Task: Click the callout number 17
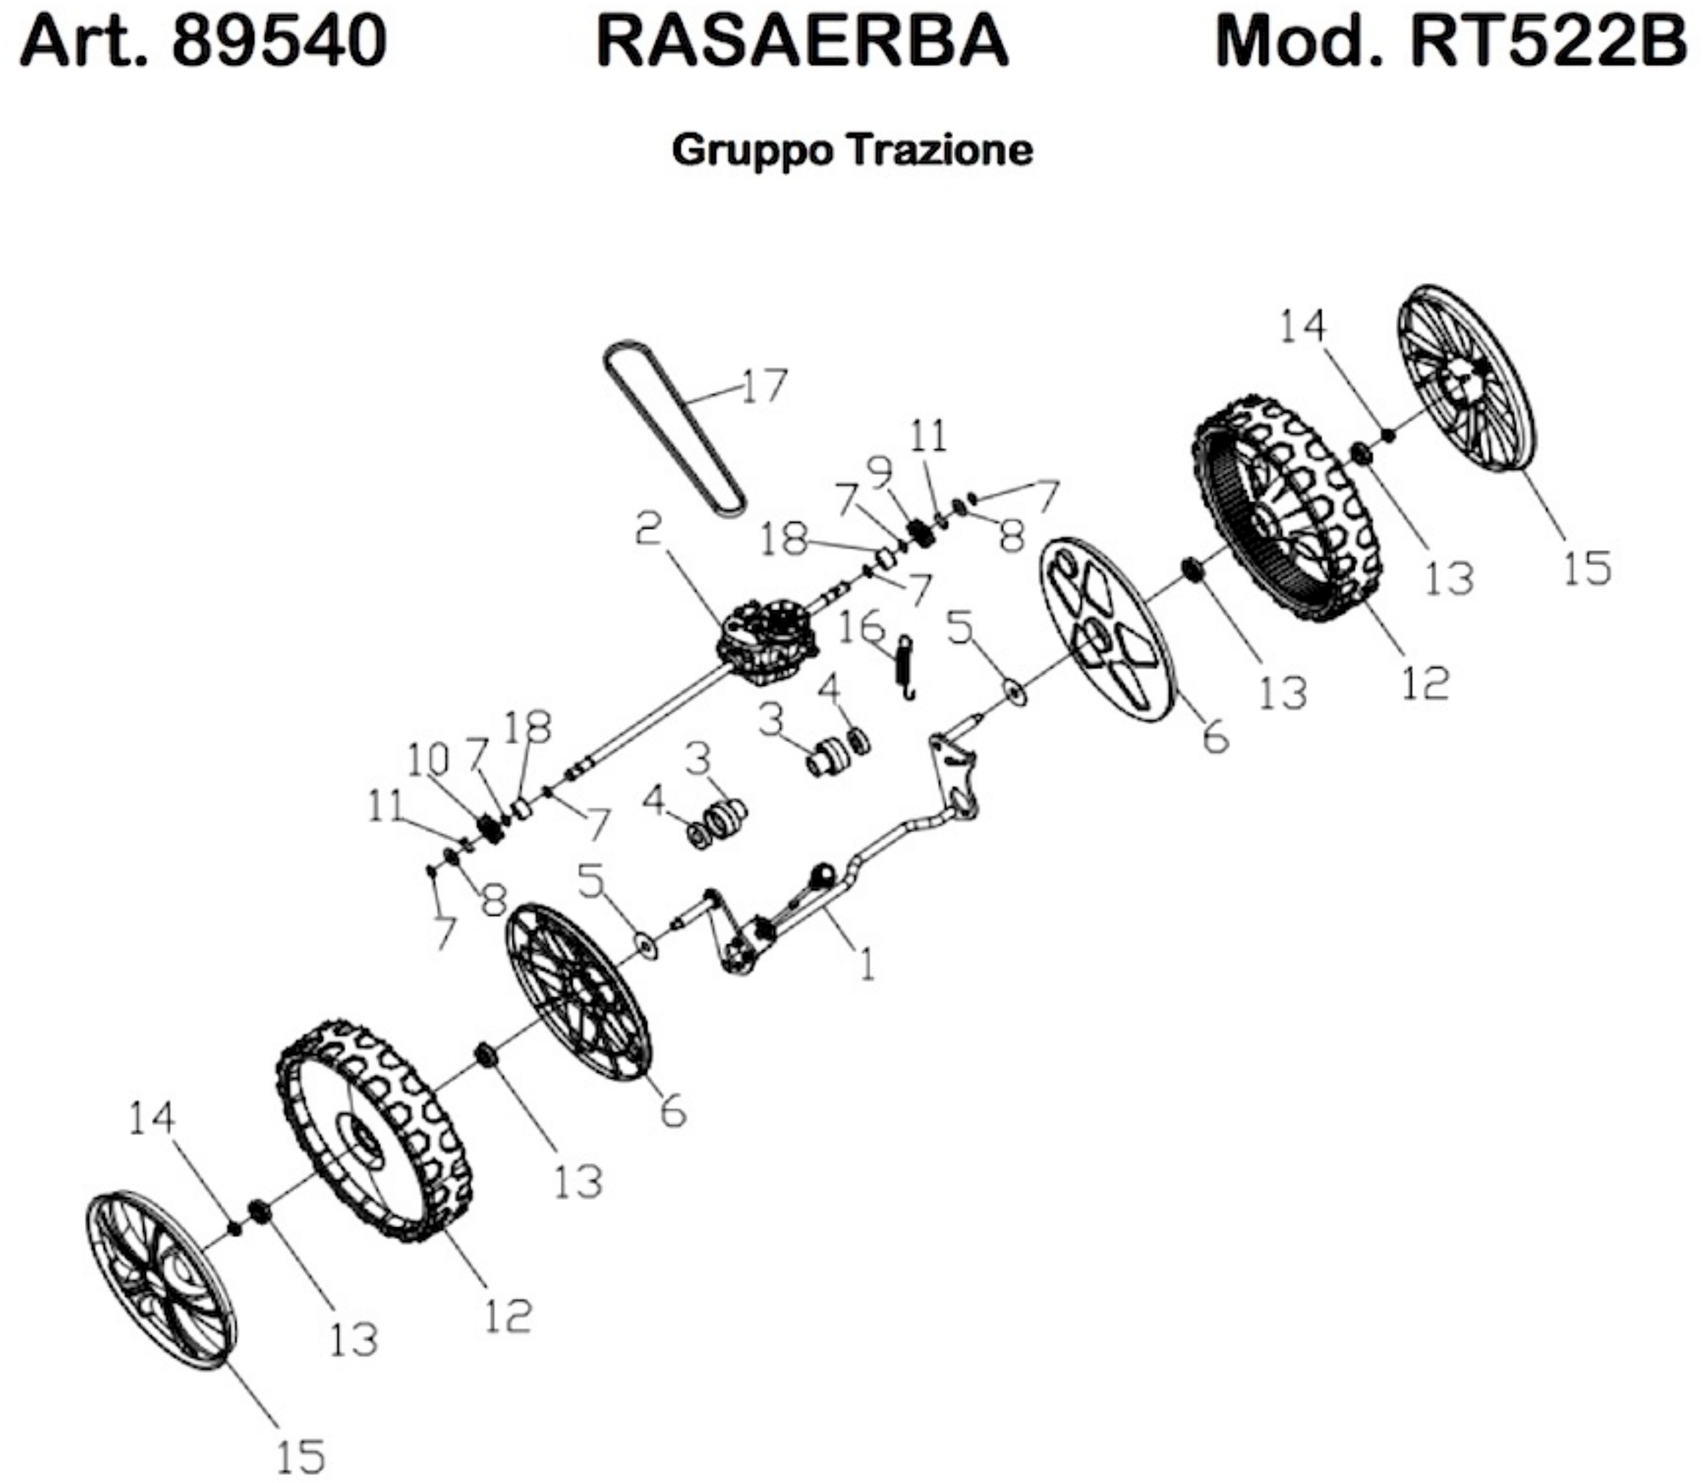click(x=763, y=386)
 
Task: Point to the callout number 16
click(x=861, y=627)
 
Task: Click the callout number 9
click(x=880, y=472)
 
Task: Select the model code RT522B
click(x=1548, y=42)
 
